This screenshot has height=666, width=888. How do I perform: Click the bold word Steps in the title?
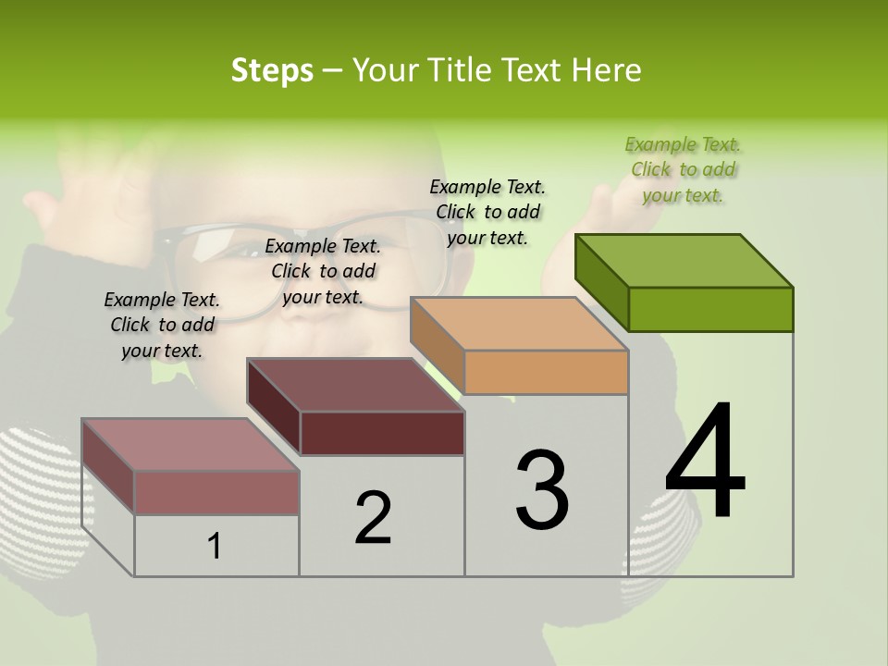[272, 70]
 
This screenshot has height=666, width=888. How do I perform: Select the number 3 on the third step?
[542, 489]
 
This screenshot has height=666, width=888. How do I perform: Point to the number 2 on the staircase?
[374, 518]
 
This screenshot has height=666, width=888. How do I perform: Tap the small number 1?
[214, 546]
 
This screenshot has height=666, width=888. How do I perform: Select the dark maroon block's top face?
[355, 385]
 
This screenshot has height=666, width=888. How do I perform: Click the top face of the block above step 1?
[191, 445]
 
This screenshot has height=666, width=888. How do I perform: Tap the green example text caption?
[683, 169]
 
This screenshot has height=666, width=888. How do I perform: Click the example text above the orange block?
[487, 212]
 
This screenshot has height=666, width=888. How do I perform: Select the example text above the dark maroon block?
[323, 271]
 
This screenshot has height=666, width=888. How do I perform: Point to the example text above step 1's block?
[162, 325]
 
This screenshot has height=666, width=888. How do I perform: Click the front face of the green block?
[710, 309]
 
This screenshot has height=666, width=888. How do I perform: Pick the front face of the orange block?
[546, 372]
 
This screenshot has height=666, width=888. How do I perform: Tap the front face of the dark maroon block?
[382, 433]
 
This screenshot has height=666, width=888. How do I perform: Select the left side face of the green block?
[601, 281]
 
